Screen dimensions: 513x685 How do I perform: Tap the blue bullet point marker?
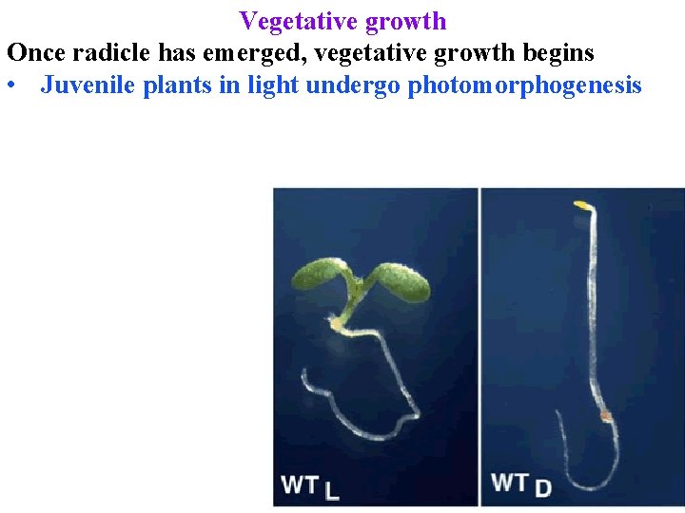tap(11, 86)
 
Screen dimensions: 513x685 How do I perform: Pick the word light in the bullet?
tap(272, 85)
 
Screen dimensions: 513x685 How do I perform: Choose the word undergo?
tap(353, 85)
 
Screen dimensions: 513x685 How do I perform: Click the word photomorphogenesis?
tap(524, 85)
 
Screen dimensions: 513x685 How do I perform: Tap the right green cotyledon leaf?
tap(401, 281)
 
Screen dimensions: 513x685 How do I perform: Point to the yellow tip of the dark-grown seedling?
tap(581, 204)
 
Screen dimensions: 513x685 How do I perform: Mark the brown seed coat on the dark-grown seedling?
tap(604, 415)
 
